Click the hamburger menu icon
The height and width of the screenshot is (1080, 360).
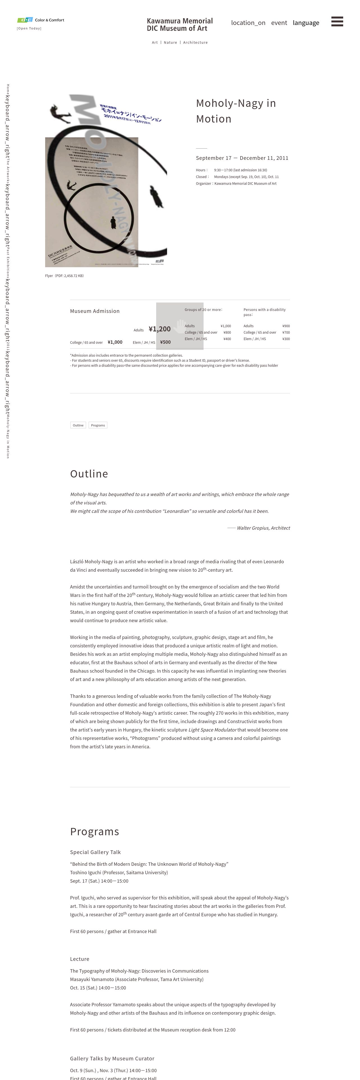pos(337,21)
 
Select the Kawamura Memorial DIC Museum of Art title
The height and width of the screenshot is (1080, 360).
pos(180,25)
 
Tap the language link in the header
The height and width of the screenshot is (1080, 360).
pos(306,23)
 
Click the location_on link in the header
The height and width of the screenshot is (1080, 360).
pos(248,23)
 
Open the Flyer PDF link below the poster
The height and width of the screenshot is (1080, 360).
pos(64,276)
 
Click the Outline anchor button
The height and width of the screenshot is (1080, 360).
pos(78,425)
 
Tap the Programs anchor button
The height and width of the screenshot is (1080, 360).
pos(98,425)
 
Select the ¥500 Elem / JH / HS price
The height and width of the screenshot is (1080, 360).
pos(165,342)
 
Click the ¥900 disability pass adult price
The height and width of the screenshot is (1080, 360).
pos(286,326)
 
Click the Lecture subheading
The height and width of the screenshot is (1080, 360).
pos(80,959)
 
